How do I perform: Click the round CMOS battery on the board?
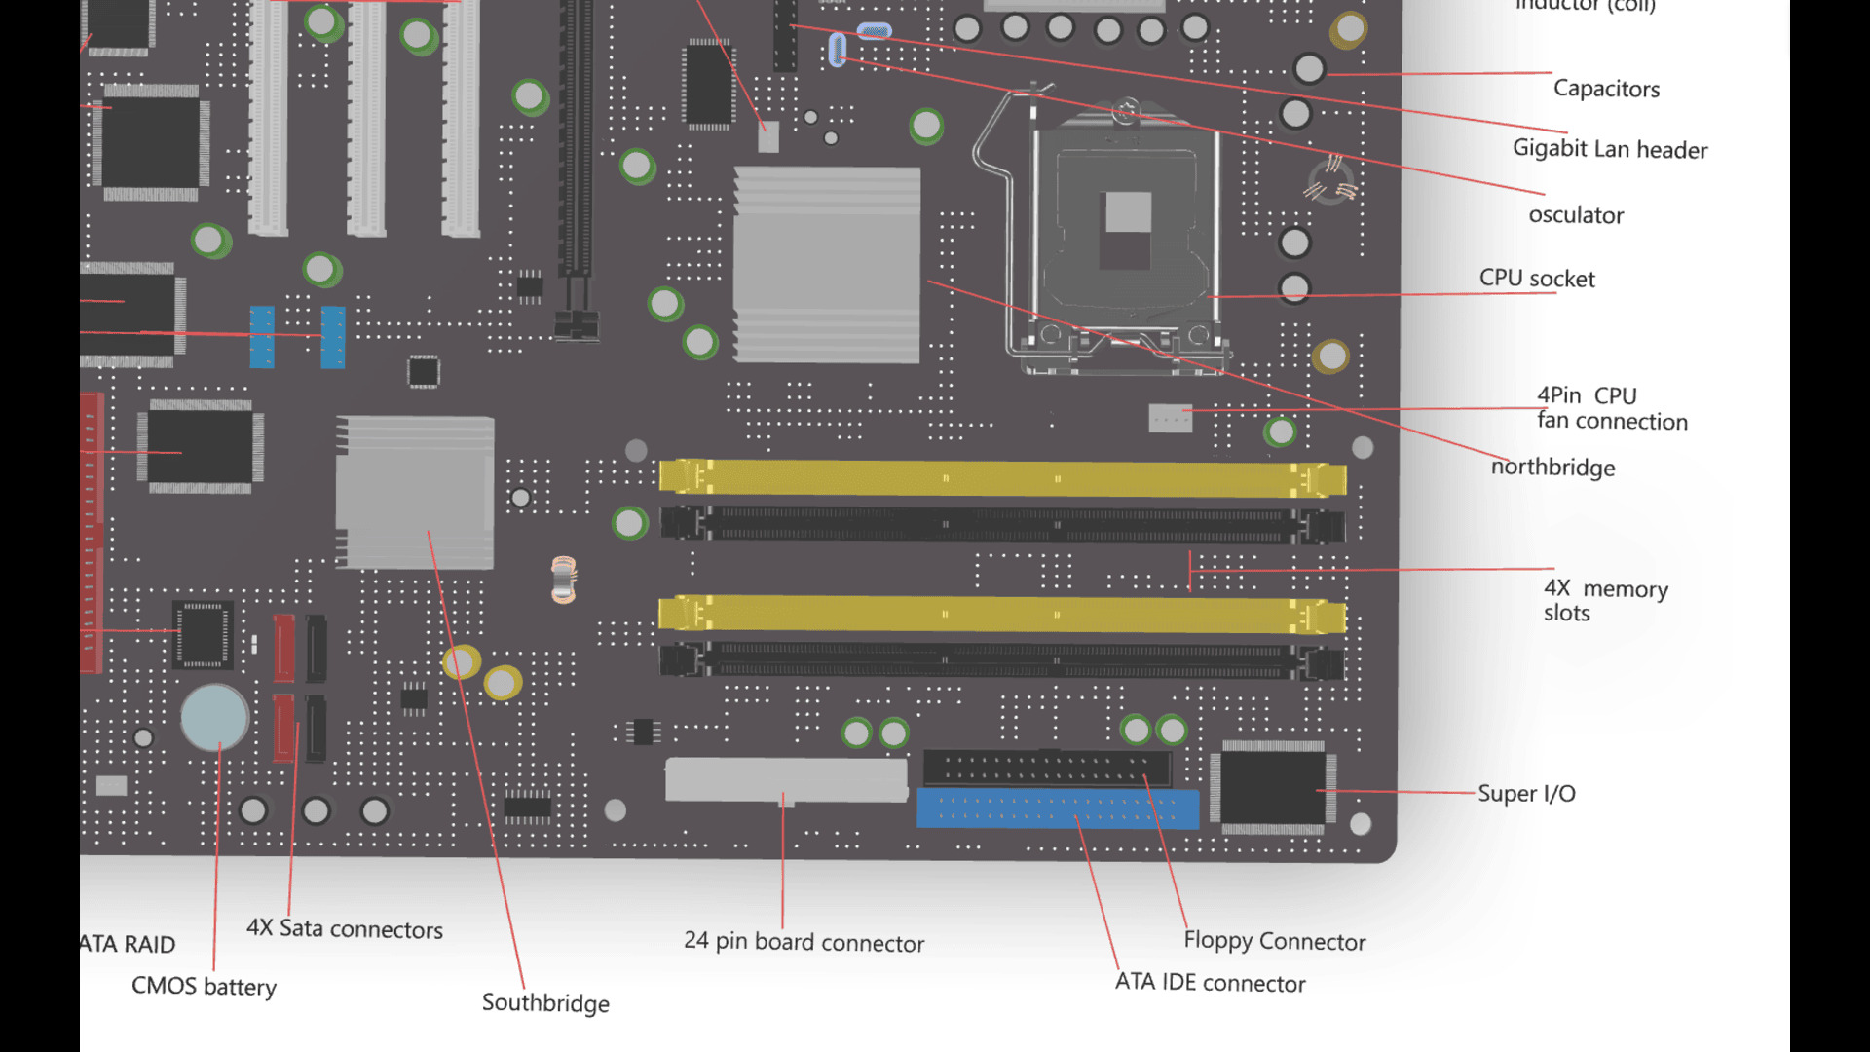(x=214, y=717)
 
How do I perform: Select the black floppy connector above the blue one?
(x=1047, y=769)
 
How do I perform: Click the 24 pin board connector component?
(x=786, y=779)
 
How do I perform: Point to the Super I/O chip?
(x=1272, y=788)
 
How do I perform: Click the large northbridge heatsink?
(x=827, y=265)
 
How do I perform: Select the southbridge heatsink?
(x=415, y=493)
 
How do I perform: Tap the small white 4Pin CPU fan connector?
(x=1170, y=418)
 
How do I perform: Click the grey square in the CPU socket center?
(x=1128, y=212)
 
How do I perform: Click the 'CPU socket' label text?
(x=1536, y=279)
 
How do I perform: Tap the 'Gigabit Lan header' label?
(x=1609, y=149)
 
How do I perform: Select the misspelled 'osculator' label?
(x=1575, y=215)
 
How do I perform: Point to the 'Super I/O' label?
(x=1525, y=794)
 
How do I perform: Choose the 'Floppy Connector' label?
(x=1274, y=941)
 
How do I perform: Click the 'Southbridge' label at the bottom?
(x=545, y=1003)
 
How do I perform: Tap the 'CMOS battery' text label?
(x=204, y=987)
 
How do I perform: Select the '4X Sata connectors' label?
(x=344, y=929)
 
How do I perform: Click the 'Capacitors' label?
(x=1605, y=89)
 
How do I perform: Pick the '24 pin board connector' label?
(x=804, y=942)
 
